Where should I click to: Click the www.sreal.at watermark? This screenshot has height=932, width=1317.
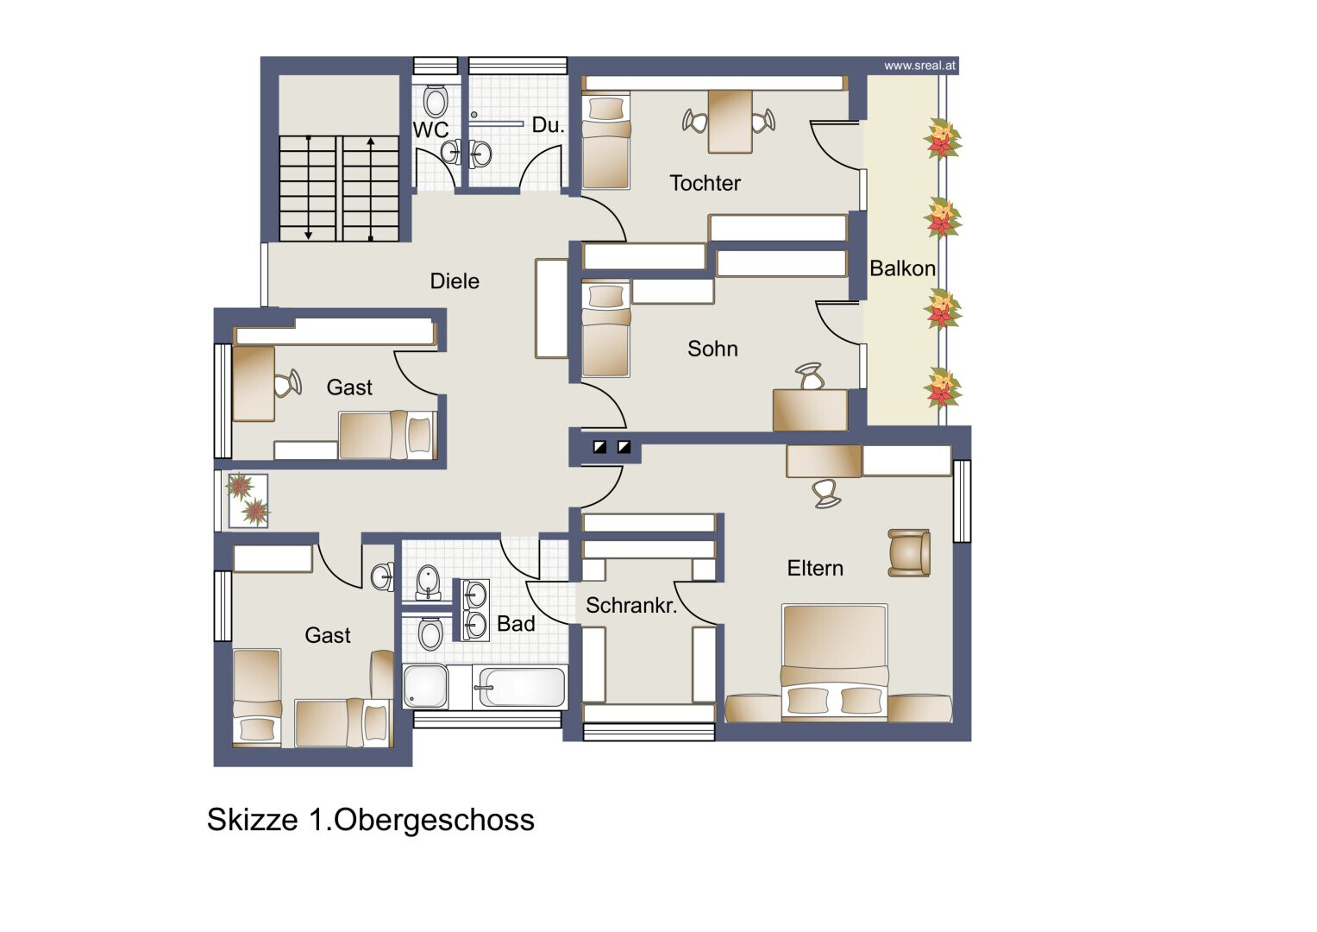tap(919, 66)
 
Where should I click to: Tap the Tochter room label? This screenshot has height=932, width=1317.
tap(705, 183)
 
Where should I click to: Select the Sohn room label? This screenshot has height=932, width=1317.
tap(712, 349)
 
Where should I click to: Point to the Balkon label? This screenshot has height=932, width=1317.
tap(902, 268)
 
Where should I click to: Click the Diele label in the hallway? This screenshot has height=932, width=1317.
tap(455, 280)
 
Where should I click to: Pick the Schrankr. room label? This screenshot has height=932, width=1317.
tap(631, 605)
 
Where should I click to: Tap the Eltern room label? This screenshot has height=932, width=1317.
tap(815, 568)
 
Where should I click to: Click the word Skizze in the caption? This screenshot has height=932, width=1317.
tap(252, 819)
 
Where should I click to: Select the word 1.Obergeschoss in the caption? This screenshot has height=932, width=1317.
tap(421, 819)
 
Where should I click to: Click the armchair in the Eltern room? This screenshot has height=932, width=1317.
tap(909, 552)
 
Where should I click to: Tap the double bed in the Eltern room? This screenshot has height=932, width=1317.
tap(835, 662)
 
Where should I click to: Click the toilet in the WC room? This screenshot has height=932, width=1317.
tap(435, 101)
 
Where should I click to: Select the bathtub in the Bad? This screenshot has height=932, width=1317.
tap(522, 687)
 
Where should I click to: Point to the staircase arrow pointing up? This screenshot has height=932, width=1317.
tap(370, 189)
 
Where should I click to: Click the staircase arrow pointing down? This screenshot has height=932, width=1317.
tap(308, 188)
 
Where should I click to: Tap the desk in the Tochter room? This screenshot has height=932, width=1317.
tap(731, 121)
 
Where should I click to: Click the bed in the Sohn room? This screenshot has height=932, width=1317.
tap(605, 331)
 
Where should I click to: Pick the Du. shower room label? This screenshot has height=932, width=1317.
tap(548, 125)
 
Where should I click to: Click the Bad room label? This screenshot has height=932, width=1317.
tap(516, 624)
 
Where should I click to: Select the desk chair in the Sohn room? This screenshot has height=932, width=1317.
tap(810, 376)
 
